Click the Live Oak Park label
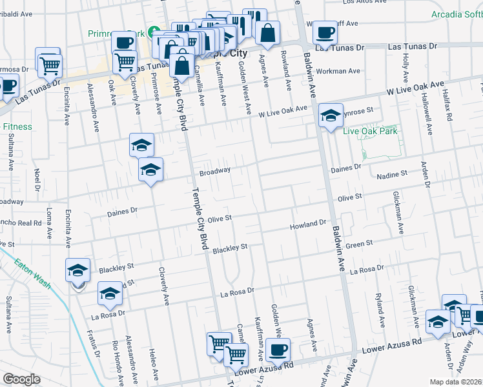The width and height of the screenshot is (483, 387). pyautogui.click(x=370, y=131)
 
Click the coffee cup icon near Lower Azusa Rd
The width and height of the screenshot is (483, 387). pyautogui.click(x=278, y=350)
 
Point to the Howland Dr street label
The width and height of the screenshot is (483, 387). pyautogui.click(x=307, y=223)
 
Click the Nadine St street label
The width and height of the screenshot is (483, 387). pyautogui.click(x=392, y=174)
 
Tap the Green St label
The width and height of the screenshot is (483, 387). pyautogui.click(x=360, y=244)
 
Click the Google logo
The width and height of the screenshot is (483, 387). pyautogui.click(x=21, y=379)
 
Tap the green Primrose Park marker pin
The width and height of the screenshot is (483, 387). pyautogui.click(x=154, y=32)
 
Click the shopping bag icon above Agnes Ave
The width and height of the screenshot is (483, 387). pyautogui.click(x=267, y=32)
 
